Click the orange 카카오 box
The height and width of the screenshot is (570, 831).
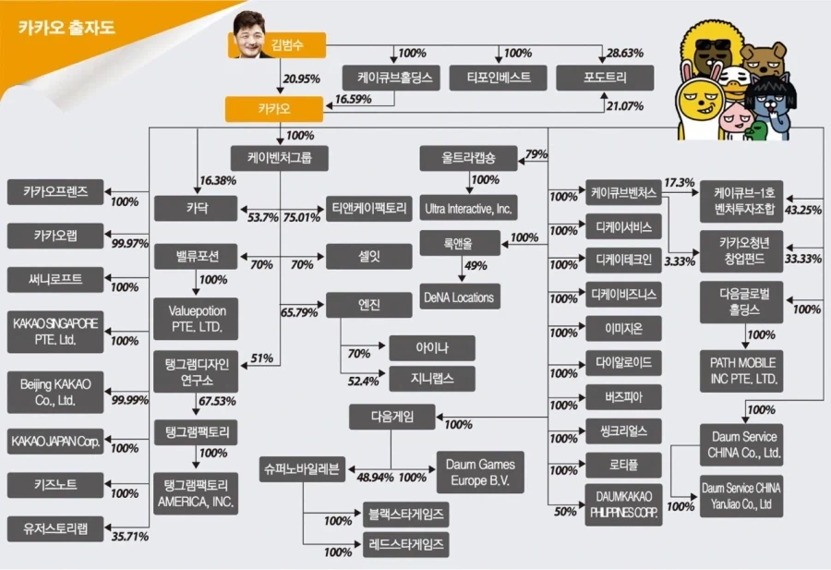pyautogui.click(x=274, y=109)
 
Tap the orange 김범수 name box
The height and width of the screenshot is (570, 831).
pyautogui.click(x=286, y=45)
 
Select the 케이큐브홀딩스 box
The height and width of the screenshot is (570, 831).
pyautogui.click(x=391, y=78)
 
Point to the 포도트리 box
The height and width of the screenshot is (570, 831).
pyautogui.click(x=605, y=78)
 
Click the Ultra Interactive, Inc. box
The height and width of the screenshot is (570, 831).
pyautogui.click(x=468, y=208)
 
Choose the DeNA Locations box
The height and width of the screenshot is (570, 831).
pyautogui.click(x=460, y=297)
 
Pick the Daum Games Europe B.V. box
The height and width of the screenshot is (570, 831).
pyautogui.click(x=480, y=472)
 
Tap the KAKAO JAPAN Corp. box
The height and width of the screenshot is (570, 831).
pyautogui.click(x=55, y=442)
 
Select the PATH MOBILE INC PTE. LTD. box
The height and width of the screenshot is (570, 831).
pyautogui.click(x=741, y=371)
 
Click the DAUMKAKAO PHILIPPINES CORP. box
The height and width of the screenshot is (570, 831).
pyautogui.click(x=624, y=504)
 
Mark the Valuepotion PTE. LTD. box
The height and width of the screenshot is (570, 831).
pyautogui.click(x=196, y=319)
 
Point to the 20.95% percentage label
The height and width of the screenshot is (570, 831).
pyautogui.click(x=301, y=79)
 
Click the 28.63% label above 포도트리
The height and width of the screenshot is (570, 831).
pyautogui.click(x=625, y=53)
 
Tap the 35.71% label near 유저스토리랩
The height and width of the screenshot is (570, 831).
pyautogui.click(x=130, y=537)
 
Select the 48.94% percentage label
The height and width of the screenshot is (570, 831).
pyautogui.click(x=375, y=478)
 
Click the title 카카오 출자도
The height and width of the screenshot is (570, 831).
pyautogui.click(x=66, y=27)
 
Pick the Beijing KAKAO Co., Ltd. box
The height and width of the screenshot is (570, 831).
pyautogui.click(x=55, y=392)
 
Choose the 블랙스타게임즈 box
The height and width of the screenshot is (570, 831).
pyautogui.click(x=406, y=515)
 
